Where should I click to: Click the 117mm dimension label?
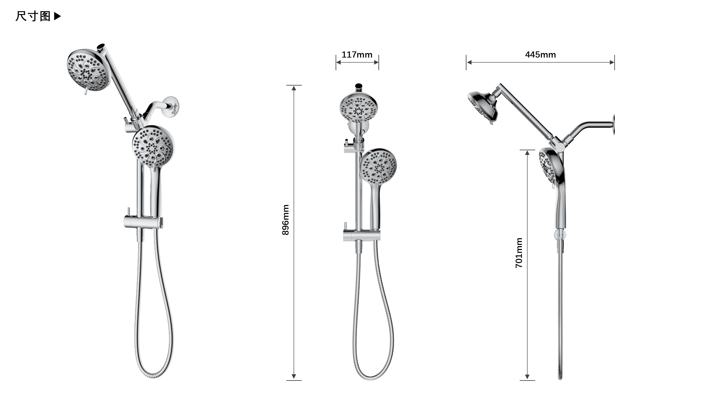357,55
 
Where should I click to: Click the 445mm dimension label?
540,55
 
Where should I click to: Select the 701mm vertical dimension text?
519,253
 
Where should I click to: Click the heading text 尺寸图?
33,16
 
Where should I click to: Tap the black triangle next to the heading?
57,16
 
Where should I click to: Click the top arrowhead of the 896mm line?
294,88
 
